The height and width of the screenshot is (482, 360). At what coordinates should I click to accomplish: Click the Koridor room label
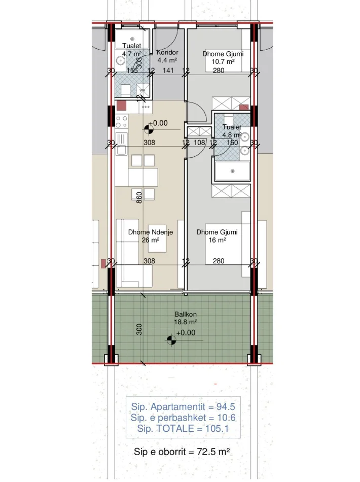[x=167, y=52]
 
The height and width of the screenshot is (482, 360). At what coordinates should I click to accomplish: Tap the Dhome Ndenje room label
[x=151, y=232]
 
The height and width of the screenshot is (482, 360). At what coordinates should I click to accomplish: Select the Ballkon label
[x=186, y=314]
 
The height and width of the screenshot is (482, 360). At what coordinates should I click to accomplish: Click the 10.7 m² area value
[x=223, y=62]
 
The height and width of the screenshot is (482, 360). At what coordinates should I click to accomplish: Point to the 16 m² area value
[x=217, y=240]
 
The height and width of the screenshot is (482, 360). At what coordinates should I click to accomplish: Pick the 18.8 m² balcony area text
[x=186, y=322]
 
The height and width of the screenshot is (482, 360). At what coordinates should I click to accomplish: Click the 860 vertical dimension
[x=138, y=196]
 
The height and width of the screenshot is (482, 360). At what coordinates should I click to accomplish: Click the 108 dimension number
[x=199, y=143]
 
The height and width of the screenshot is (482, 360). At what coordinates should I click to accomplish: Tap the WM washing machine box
[x=142, y=90]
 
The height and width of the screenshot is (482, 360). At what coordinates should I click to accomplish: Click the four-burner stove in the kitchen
[x=122, y=121]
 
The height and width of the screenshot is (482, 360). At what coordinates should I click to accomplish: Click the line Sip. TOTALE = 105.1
[x=183, y=429]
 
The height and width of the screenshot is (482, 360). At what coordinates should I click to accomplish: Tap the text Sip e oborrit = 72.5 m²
[x=182, y=452]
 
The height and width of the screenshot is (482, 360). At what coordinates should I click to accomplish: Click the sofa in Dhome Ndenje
[x=129, y=253]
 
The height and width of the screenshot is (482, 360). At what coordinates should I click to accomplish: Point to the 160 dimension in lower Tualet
[x=232, y=143]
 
